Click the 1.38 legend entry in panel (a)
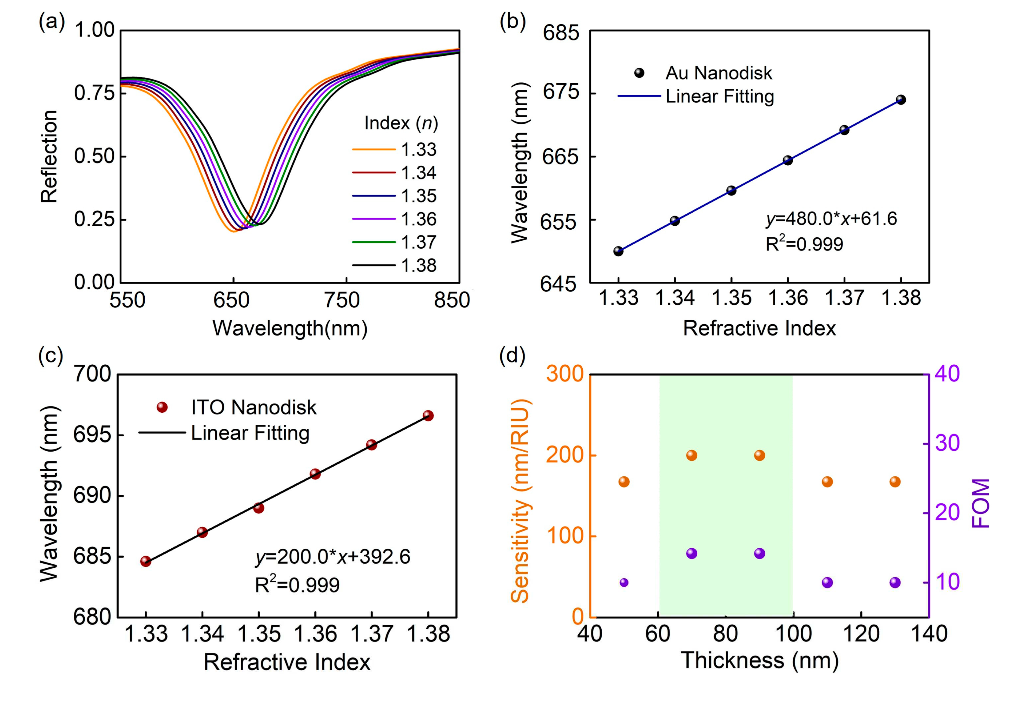(x=418, y=265)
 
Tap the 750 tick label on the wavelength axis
(x=342, y=300)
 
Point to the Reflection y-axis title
(x=49, y=156)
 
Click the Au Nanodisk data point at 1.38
(x=901, y=100)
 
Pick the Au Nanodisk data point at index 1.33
(x=618, y=251)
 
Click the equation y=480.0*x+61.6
(x=831, y=219)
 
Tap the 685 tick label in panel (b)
(x=560, y=33)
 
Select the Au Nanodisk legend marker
(x=639, y=73)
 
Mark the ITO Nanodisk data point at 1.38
(x=428, y=416)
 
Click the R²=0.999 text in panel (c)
(x=297, y=585)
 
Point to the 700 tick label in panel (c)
(x=92, y=374)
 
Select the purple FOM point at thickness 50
(x=624, y=582)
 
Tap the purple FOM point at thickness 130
(x=895, y=582)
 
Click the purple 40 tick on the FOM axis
(x=947, y=374)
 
